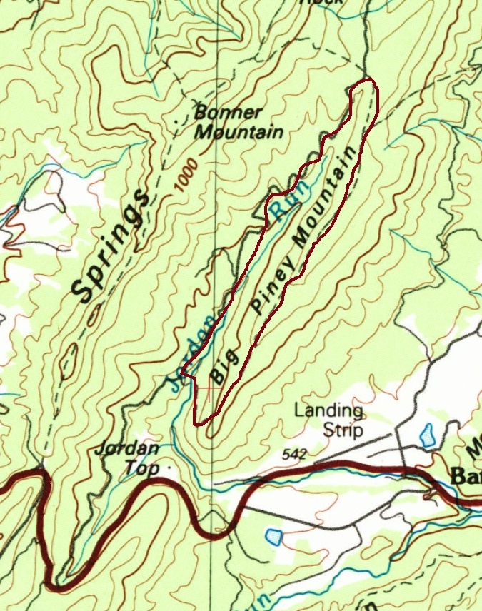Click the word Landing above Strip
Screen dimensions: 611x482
pos(328,411)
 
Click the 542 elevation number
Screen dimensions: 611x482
pos(294,454)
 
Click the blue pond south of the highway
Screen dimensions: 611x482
pos(273,536)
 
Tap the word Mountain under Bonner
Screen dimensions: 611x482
pos(239,132)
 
